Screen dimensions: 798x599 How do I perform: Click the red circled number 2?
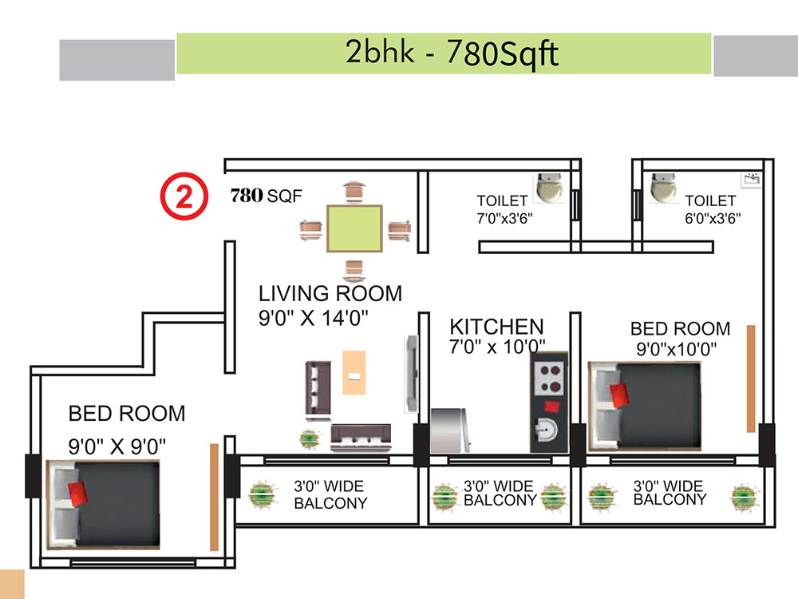point(184,196)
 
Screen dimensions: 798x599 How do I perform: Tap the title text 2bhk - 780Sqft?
point(452,53)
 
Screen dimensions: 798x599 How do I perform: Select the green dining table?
point(354,228)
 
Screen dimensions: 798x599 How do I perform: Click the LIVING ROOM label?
point(330,293)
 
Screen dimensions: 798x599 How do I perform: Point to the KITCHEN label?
point(496,327)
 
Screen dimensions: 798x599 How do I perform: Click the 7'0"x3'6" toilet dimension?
point(504,219)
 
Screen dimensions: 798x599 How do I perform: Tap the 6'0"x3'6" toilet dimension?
point(713,219)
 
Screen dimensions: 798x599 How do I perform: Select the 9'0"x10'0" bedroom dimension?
point(677,349)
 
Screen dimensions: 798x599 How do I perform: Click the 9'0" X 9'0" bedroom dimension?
point(117,446)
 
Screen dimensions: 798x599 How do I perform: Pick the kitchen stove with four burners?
point(550,379)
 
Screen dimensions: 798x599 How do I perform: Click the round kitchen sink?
point(546,430)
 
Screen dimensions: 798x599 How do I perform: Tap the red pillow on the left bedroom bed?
point(78,493)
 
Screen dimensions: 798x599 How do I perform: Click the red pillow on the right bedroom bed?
point(619,395)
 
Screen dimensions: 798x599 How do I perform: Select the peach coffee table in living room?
point(354,372)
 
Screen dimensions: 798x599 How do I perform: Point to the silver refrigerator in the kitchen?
point(450,430)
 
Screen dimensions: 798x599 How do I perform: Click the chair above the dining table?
point(354,191)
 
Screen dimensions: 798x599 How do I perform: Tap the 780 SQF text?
point(267,195)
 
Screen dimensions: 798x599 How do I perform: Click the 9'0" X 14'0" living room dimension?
point(314,318)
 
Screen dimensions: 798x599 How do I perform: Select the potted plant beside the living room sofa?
point(310,439)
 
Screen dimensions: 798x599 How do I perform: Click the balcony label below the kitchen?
point(500,493)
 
